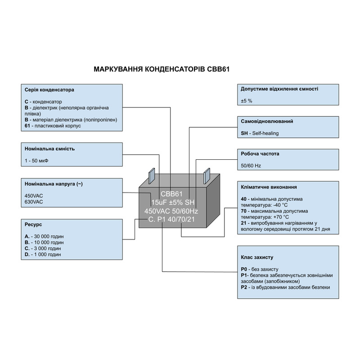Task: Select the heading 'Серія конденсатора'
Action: coord(49,90)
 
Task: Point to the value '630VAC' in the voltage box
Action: coord(34,202)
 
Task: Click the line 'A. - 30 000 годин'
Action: coord(45,236)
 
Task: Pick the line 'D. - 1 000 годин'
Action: coord(43,254)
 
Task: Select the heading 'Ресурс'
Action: coord(34,224)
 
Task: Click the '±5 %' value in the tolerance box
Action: coord(247,101)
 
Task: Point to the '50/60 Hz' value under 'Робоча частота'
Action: coord(251,166)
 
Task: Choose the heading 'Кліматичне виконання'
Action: coord(269,187)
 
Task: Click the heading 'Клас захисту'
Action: coord(257,257)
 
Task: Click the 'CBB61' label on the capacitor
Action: coord(171,194)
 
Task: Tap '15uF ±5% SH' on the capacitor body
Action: coord(172,202)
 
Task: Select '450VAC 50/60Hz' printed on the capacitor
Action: coord(171,211)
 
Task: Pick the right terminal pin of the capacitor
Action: coord(207,175)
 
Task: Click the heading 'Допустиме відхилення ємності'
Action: coord(280,89)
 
